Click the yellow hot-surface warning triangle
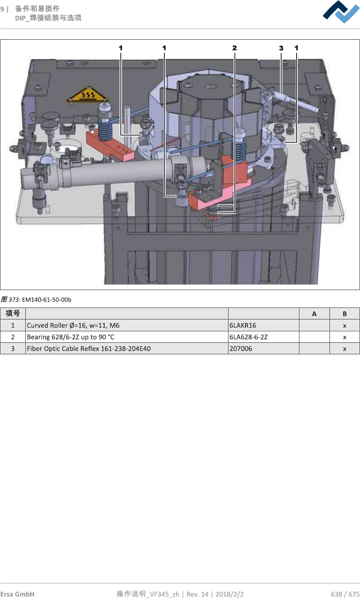88,95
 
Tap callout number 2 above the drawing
234,48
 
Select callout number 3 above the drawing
281,48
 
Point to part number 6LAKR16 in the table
243,325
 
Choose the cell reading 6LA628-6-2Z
248,337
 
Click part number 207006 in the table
241,349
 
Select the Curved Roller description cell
73,325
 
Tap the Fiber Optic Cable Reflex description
89,349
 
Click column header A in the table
314,314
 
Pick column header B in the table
345,314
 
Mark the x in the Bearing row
345,337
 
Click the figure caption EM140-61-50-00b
47,300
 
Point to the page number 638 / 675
345,594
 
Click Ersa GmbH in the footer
17,594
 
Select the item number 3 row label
13,349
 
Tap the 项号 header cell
13,313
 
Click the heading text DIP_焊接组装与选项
48,18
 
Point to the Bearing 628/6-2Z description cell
70,337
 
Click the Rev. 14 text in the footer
197,594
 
